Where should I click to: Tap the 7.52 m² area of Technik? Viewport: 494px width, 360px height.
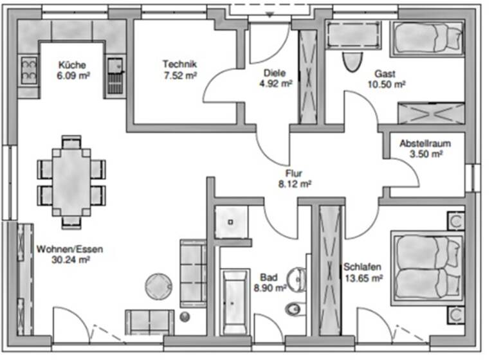[x=179, y=75]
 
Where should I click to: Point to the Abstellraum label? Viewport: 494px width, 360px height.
[x=425, y=143]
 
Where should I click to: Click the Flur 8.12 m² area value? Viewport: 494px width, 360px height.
[x=295, y=183]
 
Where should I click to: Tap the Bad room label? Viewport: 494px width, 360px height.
[x=269, y=278]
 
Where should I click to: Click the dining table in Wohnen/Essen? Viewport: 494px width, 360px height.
[x=71, y=181]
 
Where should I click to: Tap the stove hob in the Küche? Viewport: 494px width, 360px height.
[x=29, y=71]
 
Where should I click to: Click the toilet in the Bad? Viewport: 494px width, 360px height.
[x=293, y=309]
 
